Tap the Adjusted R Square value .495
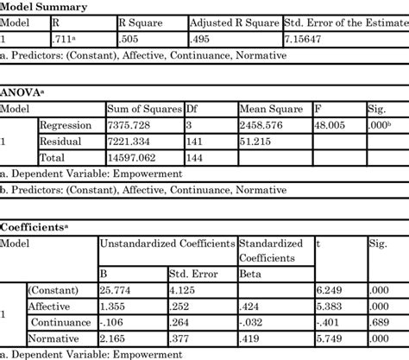tap(200, 39)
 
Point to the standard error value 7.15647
tap(306, 39)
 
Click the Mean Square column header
tap(228, 109)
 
